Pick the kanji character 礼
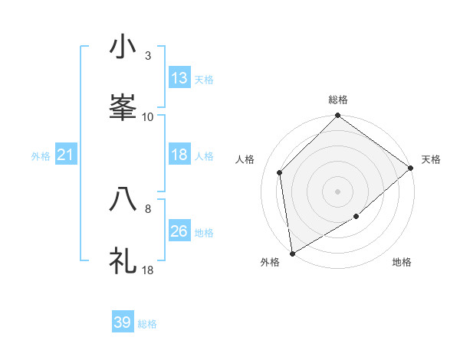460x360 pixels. pyautogui.click(x=123, y=260)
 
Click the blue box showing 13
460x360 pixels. pyautogui.click(x=179, y=78)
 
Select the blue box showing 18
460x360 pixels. pyautogui.click(x=179, y=155)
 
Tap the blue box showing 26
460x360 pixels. pyautogui.click(x=179, y=231)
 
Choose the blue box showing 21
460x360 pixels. pyautogui.click(x=66, y=155)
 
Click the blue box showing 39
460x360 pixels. pyautogui.click(x=123, y=322)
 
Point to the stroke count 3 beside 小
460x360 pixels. pyautogui.click(x=148, y=56)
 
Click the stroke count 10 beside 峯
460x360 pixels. pyautogui.click(x=148, y=117)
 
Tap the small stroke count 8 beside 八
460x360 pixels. pyautogui.click(x=148, y=208)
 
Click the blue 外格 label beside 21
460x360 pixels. pyautogui.click(x=41, y=156)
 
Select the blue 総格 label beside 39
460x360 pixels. pyautogui.click(x=147, y=324)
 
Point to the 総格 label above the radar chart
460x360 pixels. pyautogui.click(x=338, y=100)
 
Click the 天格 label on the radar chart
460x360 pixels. pyautogui.click(x=431, y=159)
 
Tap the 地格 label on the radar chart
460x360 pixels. pyautogui.click(x=402, y=262)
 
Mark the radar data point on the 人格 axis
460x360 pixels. pyautogui.click(x=280, y=172)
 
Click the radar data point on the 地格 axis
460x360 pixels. pyautogui.click(x=356, y=217)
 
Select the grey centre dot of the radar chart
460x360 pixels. pyautogui.click(x=337, y=191)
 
